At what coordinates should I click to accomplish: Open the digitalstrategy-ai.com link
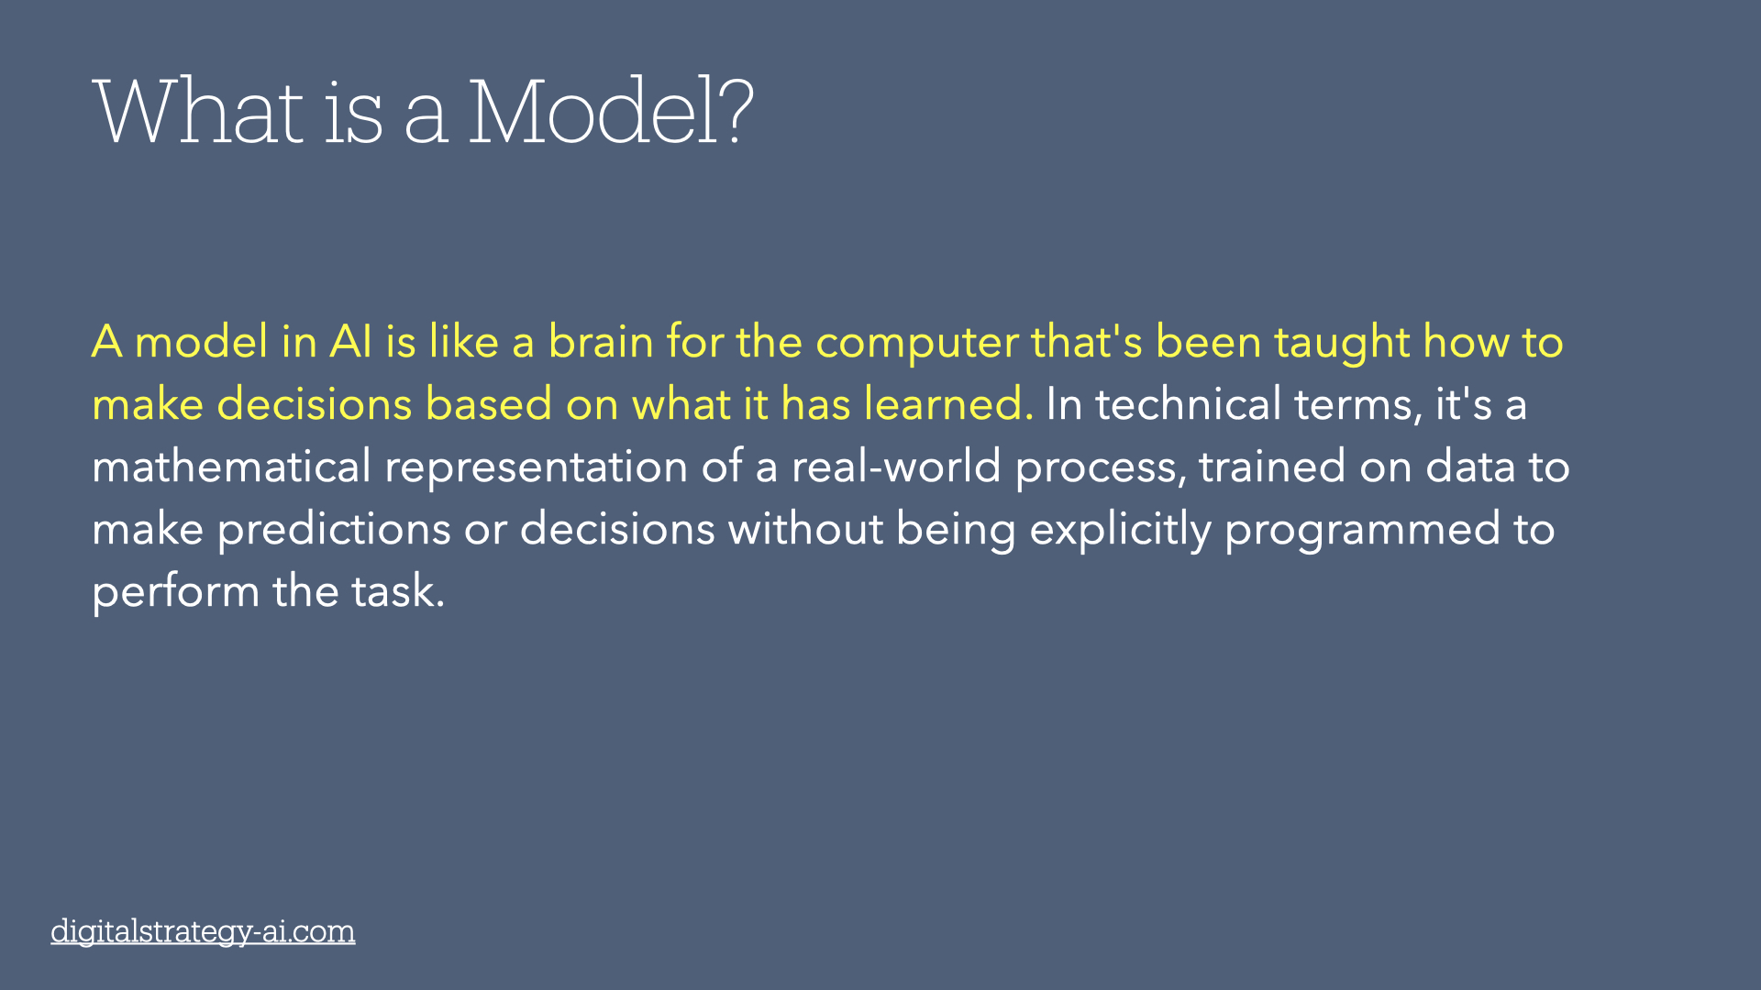tap(203, 931)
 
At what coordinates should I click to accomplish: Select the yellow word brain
tap(601, 342)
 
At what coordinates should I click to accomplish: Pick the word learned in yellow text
tap(948, 404)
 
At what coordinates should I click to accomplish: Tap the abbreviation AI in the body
tap(351, 342)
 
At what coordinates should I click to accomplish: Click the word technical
tap(1188, 404)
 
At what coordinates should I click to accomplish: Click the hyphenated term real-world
tap(896, 467)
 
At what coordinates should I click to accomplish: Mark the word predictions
tap(334, 529)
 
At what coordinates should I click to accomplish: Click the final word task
tap(398, 591)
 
